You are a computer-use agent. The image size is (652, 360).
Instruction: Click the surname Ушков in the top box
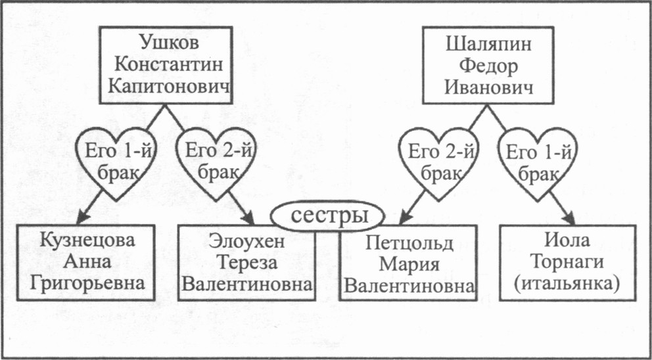[166, 43]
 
